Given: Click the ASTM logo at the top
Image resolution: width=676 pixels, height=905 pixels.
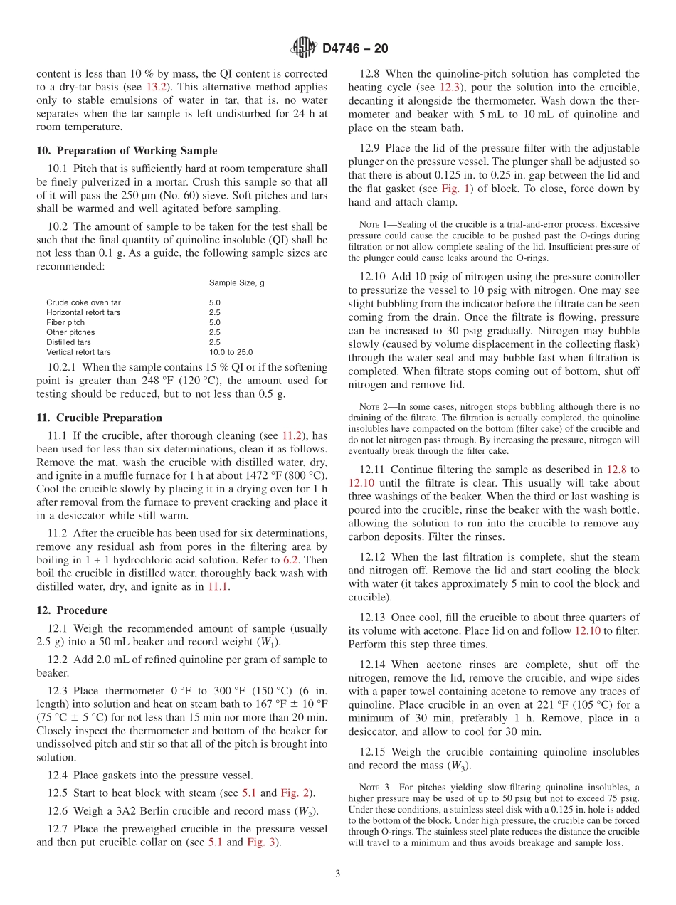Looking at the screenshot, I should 304,48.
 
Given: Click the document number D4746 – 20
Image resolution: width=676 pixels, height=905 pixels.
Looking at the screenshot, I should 355,48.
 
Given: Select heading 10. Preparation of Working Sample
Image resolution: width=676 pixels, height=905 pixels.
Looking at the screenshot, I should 127,150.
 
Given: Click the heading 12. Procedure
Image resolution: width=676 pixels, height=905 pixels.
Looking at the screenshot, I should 72,610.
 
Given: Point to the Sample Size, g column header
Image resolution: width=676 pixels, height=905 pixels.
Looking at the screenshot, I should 236,283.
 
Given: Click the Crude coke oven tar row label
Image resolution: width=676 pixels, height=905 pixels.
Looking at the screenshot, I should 83,302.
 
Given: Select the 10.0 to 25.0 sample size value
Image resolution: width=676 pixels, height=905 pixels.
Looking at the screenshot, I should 231,352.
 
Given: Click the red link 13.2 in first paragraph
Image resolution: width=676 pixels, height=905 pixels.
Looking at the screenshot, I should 157,86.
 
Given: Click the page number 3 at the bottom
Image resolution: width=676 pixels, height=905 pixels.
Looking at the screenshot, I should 338,874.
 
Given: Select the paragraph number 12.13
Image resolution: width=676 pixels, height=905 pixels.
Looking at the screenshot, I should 374,617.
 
